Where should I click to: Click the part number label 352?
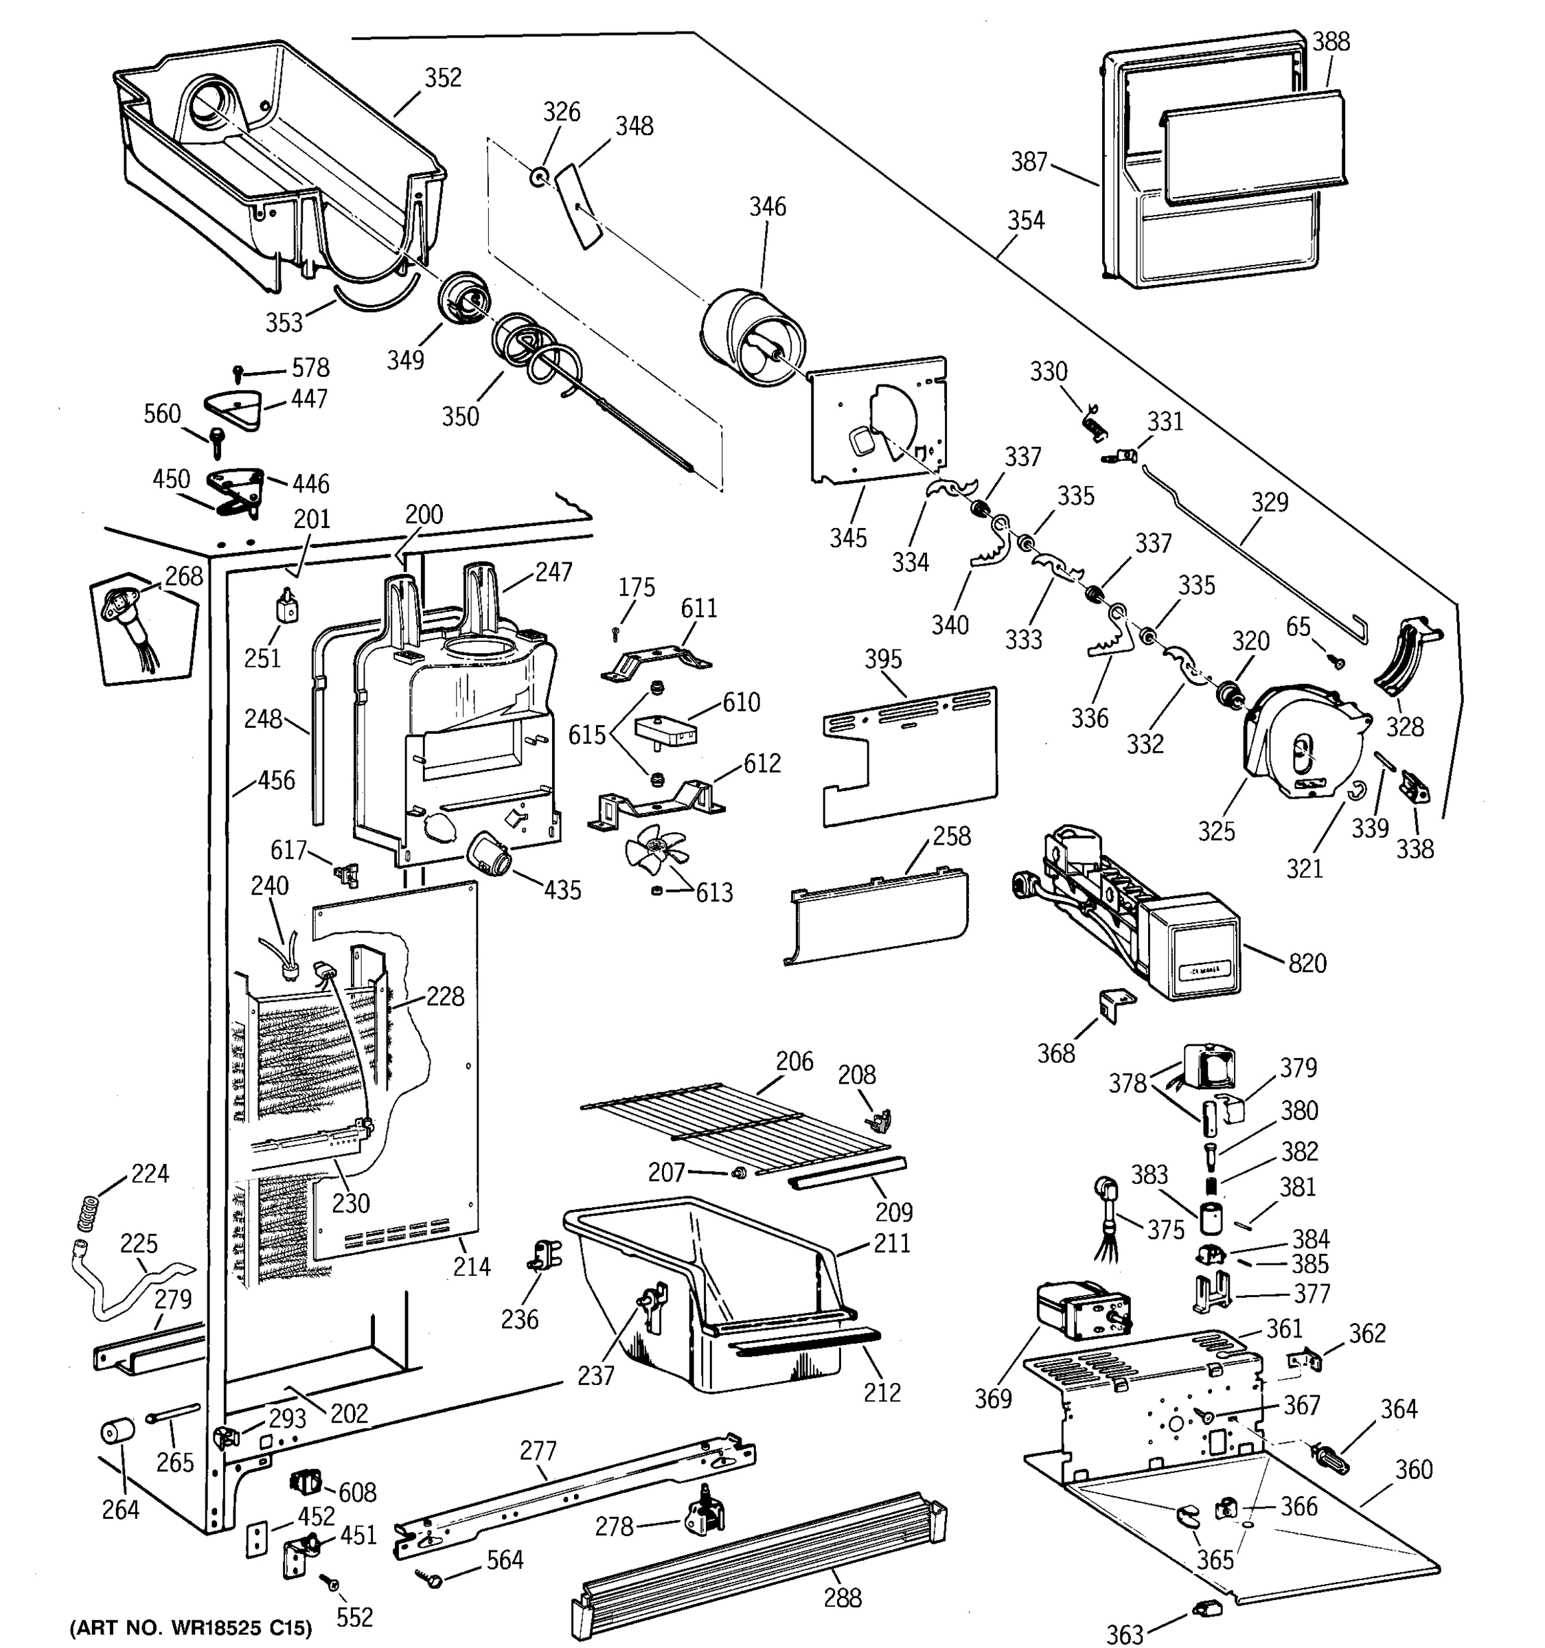point(443,77)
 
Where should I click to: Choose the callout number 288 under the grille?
point(842,1596)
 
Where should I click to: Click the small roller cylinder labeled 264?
point(117,1432)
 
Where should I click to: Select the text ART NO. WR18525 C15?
point(191,1627)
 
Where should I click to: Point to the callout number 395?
point(883,659)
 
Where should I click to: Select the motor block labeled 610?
point(665,731)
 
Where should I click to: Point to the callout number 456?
point(276,780)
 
